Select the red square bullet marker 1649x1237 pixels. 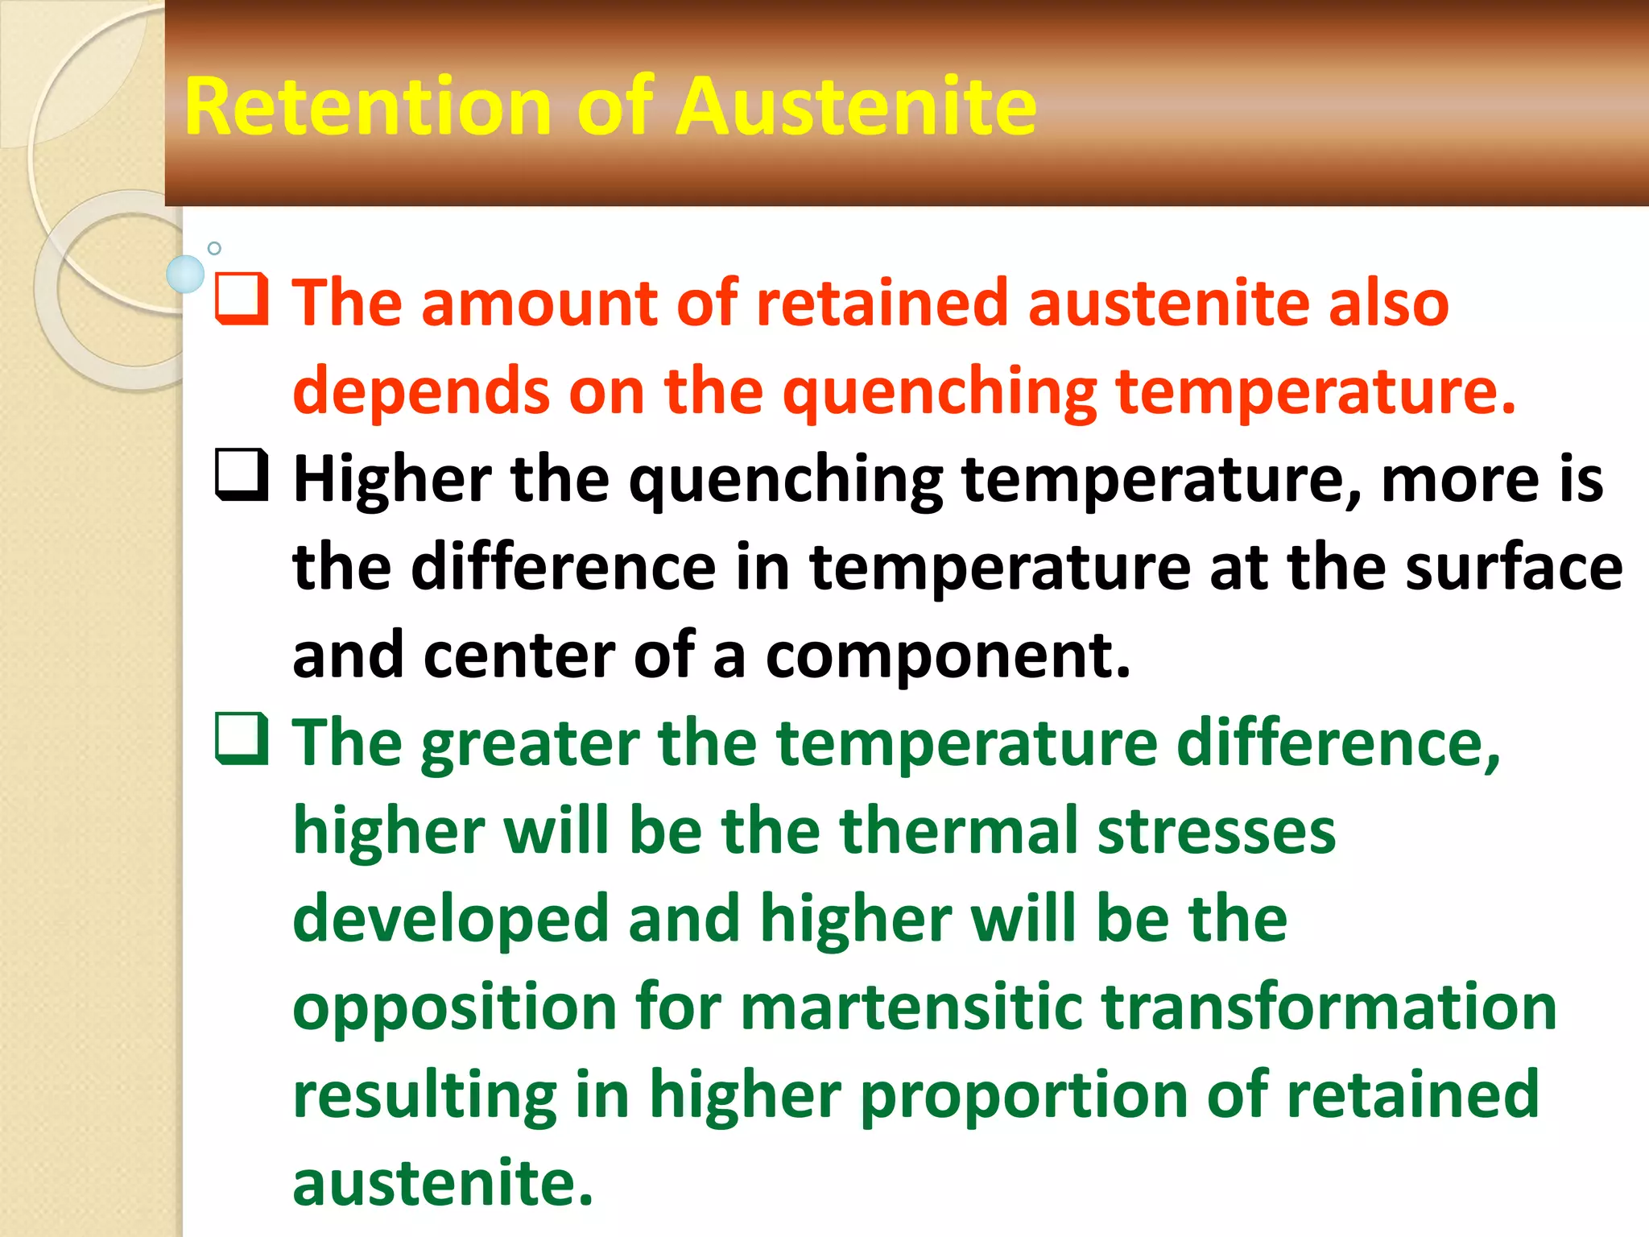(x=242, y=300)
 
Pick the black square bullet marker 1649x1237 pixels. (x=242, y=475)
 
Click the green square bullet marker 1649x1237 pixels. (x=242, y=739)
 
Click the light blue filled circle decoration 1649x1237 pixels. (x=185, y=274)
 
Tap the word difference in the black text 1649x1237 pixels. (x=564, y=568)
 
